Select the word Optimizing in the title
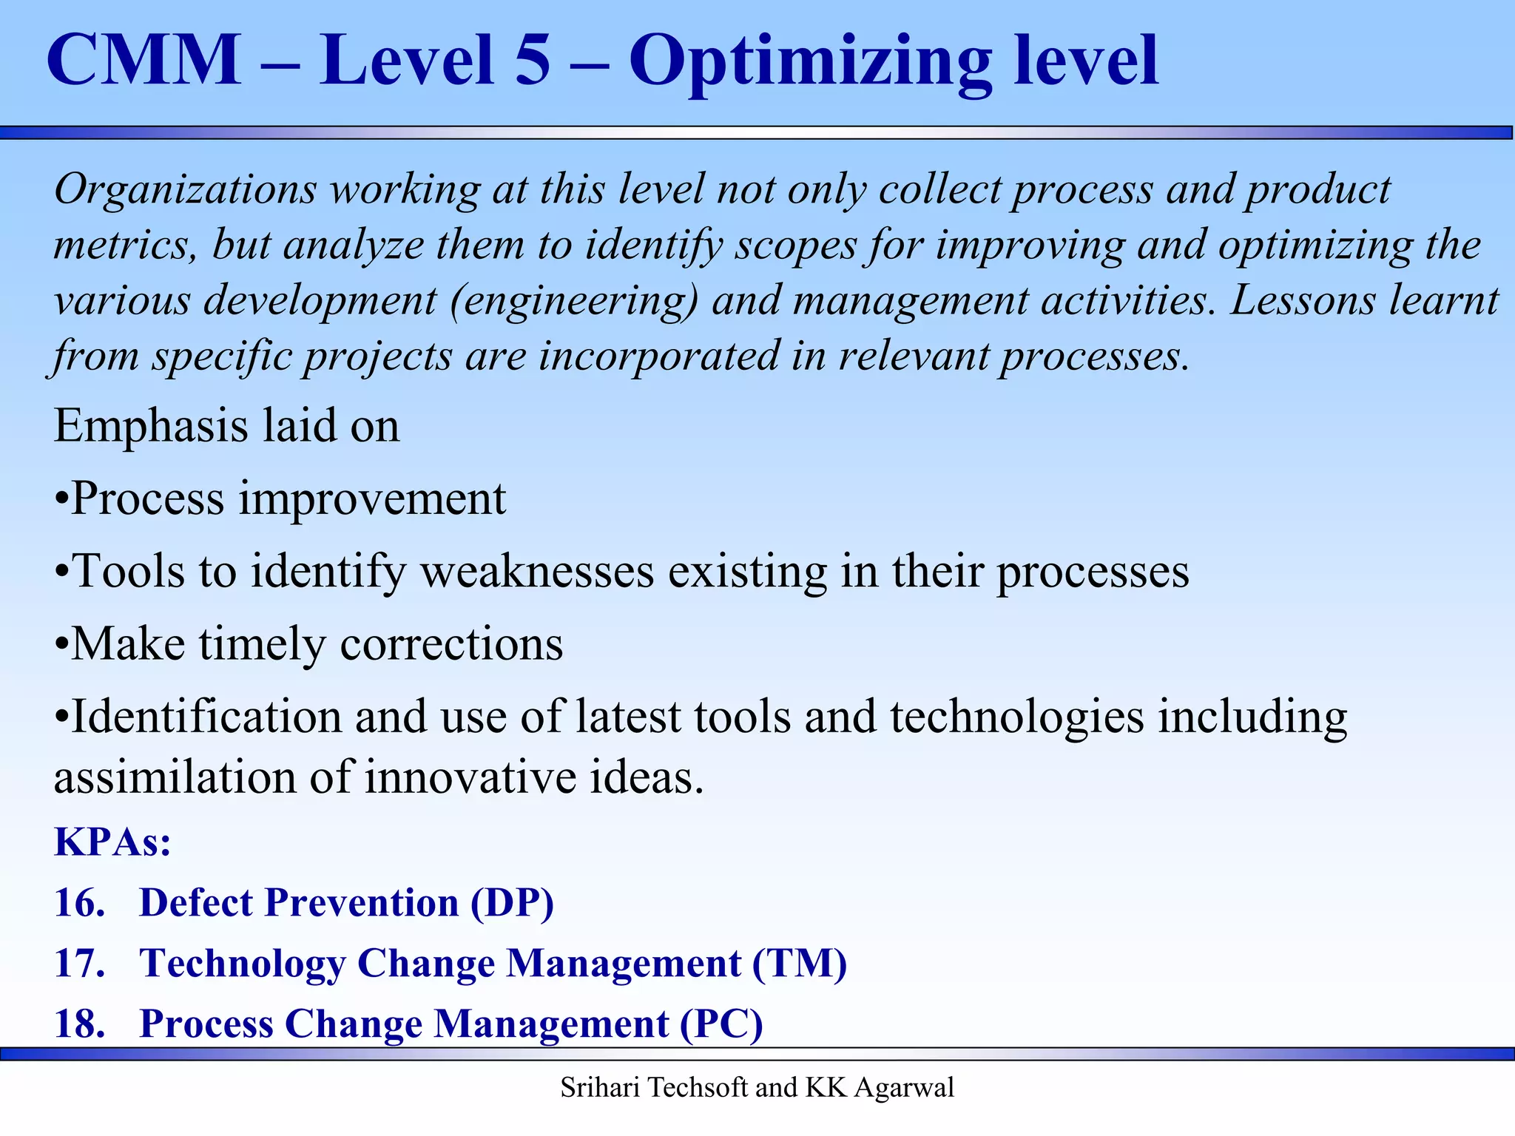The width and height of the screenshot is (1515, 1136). tap(810, 63)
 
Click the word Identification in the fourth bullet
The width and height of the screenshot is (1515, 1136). tap(206, 717)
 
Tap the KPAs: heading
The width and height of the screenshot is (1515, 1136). tap(112, 842)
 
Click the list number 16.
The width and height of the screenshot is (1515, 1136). tap(79, 904)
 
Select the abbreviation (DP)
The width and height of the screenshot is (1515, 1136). tap(513, 904)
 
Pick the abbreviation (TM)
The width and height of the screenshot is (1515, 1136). tap(800, 964)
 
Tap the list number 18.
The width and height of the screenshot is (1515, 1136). tap(79, 1025)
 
